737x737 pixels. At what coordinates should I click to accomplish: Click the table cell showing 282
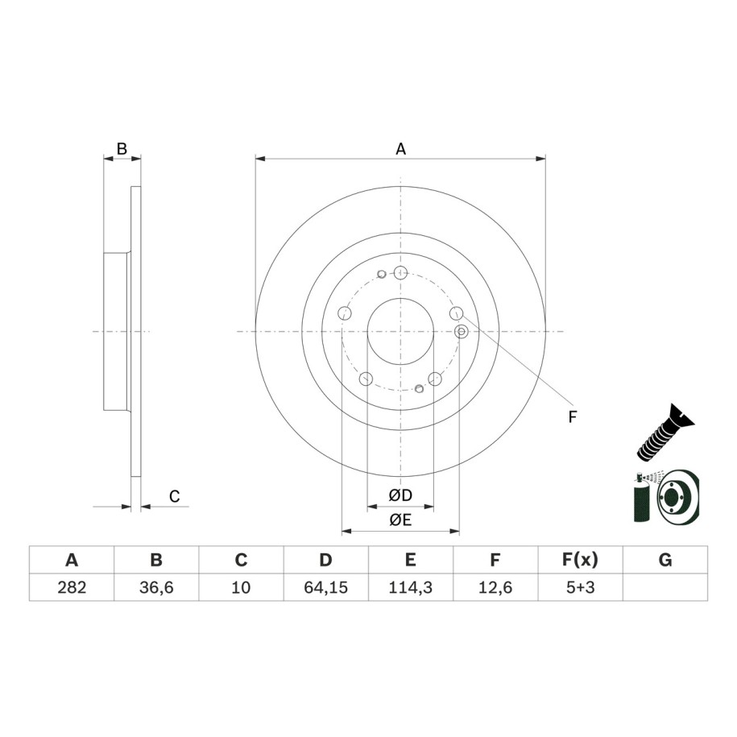pos(72,587)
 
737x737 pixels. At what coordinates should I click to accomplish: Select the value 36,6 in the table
pos(156,587)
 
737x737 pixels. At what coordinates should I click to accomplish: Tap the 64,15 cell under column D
pos(325,587)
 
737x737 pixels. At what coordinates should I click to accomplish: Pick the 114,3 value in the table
pos(410,587)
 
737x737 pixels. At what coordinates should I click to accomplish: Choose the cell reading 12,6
pos(495,587)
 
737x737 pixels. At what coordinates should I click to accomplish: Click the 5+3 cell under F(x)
pos(581,587)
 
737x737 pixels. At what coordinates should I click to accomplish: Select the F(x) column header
pos(581,560)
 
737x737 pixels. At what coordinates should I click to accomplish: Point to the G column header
pos(665,560)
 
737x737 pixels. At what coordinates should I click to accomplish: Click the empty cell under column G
pos(665,587)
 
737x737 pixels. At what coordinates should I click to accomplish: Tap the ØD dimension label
pos(400,495)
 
